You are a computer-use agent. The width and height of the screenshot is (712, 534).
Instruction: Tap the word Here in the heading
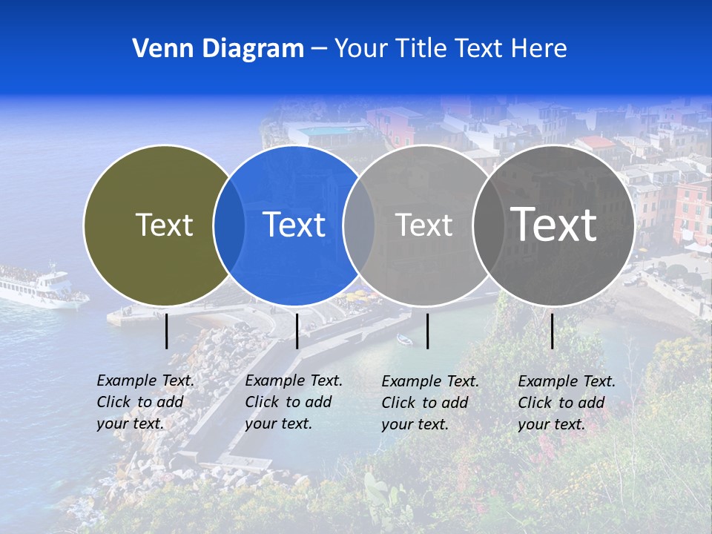538,49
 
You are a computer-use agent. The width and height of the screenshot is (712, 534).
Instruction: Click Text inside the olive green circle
164,225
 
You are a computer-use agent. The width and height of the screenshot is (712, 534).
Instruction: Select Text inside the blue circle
294,225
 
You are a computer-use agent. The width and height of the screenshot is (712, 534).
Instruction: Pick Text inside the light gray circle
423,225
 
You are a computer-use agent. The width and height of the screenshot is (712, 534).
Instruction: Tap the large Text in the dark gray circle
553,224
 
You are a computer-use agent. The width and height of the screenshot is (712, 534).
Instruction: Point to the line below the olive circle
167,331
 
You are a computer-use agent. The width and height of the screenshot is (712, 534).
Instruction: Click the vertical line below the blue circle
297,331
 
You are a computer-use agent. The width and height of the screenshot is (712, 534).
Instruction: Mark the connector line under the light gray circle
427,331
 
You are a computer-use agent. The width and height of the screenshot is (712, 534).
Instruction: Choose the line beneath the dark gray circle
553,331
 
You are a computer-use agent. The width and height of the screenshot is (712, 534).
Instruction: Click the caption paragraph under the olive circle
145,402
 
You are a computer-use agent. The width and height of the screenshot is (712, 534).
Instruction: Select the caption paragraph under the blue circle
294,402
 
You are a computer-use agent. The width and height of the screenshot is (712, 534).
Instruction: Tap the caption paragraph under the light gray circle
430,403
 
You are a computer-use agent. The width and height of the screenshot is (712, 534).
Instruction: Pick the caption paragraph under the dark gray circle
567,403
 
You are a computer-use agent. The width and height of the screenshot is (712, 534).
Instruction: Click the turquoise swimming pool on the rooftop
327,131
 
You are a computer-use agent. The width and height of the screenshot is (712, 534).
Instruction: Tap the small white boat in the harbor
404,340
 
